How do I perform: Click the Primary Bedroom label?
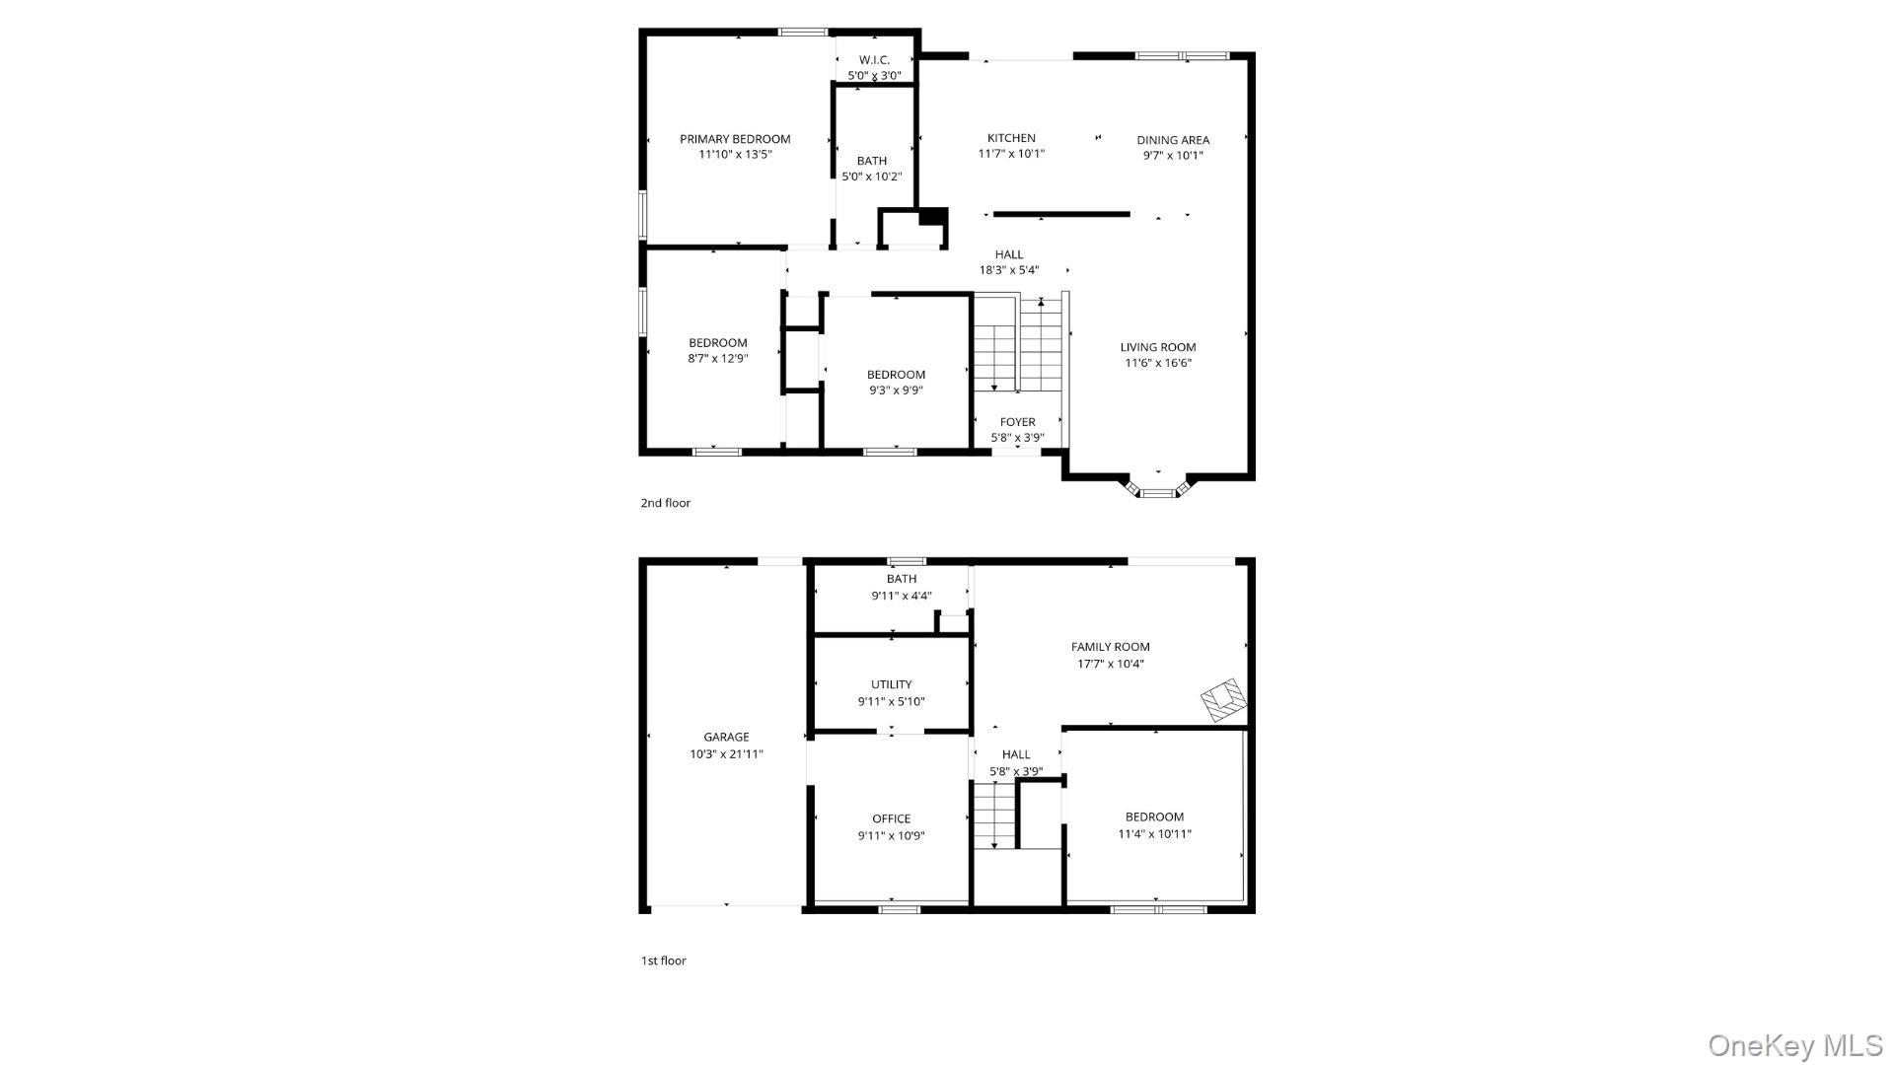pos(735,139)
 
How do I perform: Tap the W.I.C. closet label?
pos(874,60)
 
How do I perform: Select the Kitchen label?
pos(1011,138)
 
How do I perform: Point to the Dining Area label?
pos(1173,140)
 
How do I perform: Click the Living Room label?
pos(1158,347)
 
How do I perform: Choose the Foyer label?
pos(1017,422)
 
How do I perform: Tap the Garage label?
pos(726,737)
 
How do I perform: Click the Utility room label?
pos(891,684)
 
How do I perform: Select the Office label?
pos(891,818)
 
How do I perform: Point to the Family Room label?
pos(1111,647)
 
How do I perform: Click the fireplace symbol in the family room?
pos(1224,699)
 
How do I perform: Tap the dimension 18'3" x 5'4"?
pos(1009,270)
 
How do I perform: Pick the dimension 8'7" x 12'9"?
pos(718,359)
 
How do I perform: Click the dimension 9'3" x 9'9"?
pos(896,390)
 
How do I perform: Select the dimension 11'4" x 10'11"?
pos(1154,834)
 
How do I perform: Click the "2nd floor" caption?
pos(666,503)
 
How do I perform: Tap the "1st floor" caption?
pos(664,960)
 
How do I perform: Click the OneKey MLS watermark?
pos(1796,1046)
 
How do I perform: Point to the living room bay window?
pos(1158,488)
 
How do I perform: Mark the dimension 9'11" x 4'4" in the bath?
pos(902,596)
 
